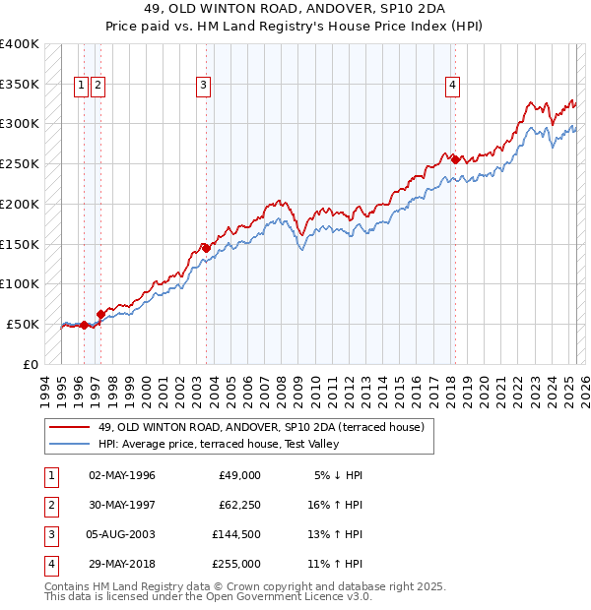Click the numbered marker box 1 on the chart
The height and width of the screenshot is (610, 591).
click(x=82, y=86)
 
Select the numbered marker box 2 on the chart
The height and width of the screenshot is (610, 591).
click(x=98, y=86)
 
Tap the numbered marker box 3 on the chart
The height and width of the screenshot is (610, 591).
click(x=203, y=86)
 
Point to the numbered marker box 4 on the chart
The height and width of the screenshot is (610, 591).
click(x=452, y=86)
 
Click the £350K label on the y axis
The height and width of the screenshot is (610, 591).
click(x=20, y=85)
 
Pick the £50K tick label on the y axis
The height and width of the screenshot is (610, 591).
click(x=24, y=324)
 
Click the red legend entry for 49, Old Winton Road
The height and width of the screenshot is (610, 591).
click(x=261, y=427)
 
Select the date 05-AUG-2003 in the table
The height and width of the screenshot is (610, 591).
click(x=121, y=536)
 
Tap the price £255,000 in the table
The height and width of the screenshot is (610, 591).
click(x=236, y=565)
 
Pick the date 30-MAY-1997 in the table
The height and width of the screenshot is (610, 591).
click(x=121, y=506)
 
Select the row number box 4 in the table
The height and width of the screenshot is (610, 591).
click(x=51, y=565)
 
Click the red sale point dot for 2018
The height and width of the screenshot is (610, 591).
click(x=455, y=158)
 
